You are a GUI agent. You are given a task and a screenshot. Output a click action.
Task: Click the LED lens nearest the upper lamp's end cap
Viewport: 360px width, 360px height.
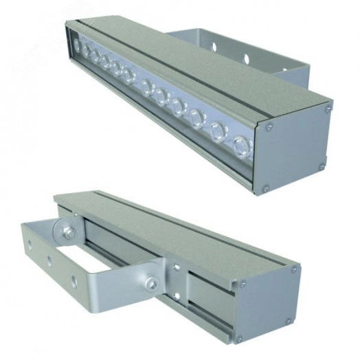[x=240, y=145]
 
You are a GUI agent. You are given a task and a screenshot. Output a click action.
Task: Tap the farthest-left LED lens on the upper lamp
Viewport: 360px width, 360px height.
[x=78, y=47]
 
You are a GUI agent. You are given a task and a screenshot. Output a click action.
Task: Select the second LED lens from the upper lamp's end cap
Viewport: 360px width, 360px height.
[x=218, y=131]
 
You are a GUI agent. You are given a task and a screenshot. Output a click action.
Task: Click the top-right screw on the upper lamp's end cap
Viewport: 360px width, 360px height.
[x=328, y=107]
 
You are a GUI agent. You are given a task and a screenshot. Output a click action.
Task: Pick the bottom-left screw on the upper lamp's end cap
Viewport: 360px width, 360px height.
[x=266, y=187]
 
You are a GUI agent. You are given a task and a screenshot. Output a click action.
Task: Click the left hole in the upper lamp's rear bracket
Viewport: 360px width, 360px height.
[x=214, y=47]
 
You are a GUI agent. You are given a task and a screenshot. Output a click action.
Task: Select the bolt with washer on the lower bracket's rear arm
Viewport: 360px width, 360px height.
[x=69, y=233]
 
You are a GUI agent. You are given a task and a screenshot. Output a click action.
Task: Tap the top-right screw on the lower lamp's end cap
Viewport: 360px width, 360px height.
[x=295, y=269]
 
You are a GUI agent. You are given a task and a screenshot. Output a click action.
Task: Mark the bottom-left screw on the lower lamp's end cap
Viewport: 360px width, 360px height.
[x=240, y=338]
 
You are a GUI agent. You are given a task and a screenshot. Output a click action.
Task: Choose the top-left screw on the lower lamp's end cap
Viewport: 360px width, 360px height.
[x=241, y=282]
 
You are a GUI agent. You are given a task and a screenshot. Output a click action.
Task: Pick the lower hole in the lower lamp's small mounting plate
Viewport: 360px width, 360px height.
[x=177, y=297]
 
